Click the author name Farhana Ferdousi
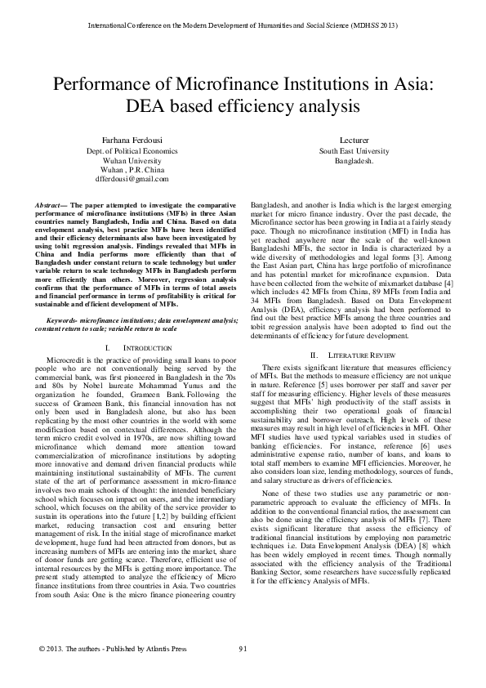pos(126,141)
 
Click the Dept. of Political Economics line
pos(126,152)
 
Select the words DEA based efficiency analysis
pos(243,106)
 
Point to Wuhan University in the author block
pos(126,161)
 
